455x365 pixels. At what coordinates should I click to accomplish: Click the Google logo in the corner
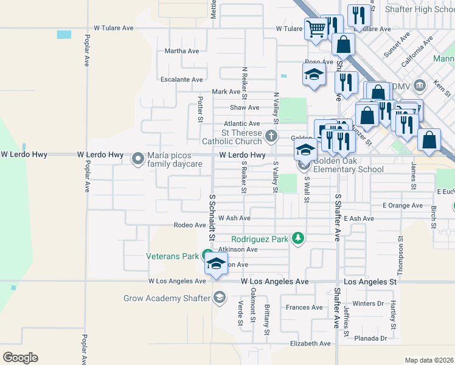20,358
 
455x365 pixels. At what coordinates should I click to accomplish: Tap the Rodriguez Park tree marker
297,238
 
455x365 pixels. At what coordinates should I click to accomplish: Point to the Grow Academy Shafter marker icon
219,297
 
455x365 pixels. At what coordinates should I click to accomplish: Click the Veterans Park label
173,256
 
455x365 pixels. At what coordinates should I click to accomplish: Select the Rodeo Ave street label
190,225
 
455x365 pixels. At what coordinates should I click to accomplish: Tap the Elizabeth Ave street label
310,344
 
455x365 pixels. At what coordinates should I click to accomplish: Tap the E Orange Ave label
402,206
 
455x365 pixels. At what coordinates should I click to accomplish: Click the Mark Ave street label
226,92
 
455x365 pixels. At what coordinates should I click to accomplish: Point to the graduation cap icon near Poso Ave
313,75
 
